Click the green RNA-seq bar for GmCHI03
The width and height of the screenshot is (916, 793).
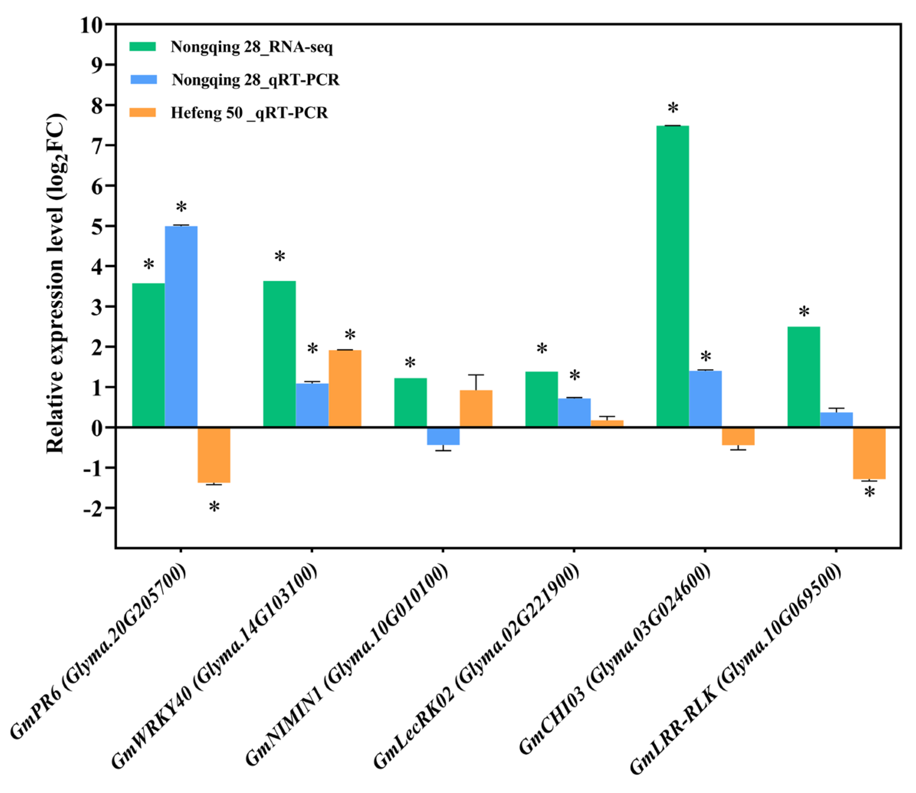pos(672,276)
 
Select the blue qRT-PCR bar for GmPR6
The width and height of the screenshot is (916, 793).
pos(181,327)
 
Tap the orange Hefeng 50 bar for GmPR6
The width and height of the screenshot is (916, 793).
pos(213,455)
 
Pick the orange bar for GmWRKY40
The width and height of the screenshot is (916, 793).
pos(345,388)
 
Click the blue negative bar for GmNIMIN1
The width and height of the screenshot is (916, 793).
pos(443,436)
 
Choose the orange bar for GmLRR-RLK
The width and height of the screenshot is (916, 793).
pos(869,453)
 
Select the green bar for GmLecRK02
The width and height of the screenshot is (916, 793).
pos(542,399)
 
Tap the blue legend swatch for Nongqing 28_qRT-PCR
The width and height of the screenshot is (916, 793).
pos(143,80)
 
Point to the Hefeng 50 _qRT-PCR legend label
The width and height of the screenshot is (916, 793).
pos(250,113)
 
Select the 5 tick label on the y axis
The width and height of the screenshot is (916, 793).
pos(97,227)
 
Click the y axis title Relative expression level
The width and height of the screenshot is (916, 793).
pos(56,283)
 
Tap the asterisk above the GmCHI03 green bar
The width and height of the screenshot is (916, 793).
pos(673,109)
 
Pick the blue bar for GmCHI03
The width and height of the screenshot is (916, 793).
pos(705,399)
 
